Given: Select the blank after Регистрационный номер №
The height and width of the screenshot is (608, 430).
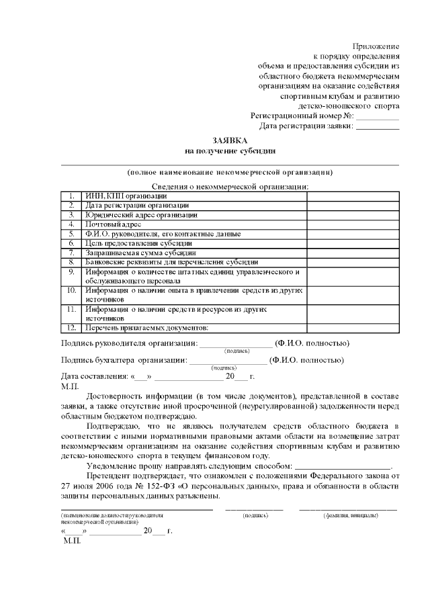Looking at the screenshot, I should (378, 116).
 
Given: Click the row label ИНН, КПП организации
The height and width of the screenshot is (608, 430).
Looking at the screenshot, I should (122, 196).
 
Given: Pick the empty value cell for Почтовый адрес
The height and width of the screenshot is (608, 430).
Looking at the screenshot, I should (353, 224).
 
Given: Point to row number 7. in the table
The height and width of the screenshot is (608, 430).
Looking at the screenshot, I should (71, 253).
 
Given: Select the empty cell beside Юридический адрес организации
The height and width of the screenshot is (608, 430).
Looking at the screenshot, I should (353, 215).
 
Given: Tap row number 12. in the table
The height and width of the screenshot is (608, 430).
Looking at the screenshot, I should (71, 328).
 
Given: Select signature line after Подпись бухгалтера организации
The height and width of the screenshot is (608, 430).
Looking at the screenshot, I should (228, 361).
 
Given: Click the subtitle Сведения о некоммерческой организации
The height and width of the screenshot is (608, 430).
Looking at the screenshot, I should (230, 186).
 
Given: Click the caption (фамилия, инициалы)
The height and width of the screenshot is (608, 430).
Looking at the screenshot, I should (350, 515).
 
